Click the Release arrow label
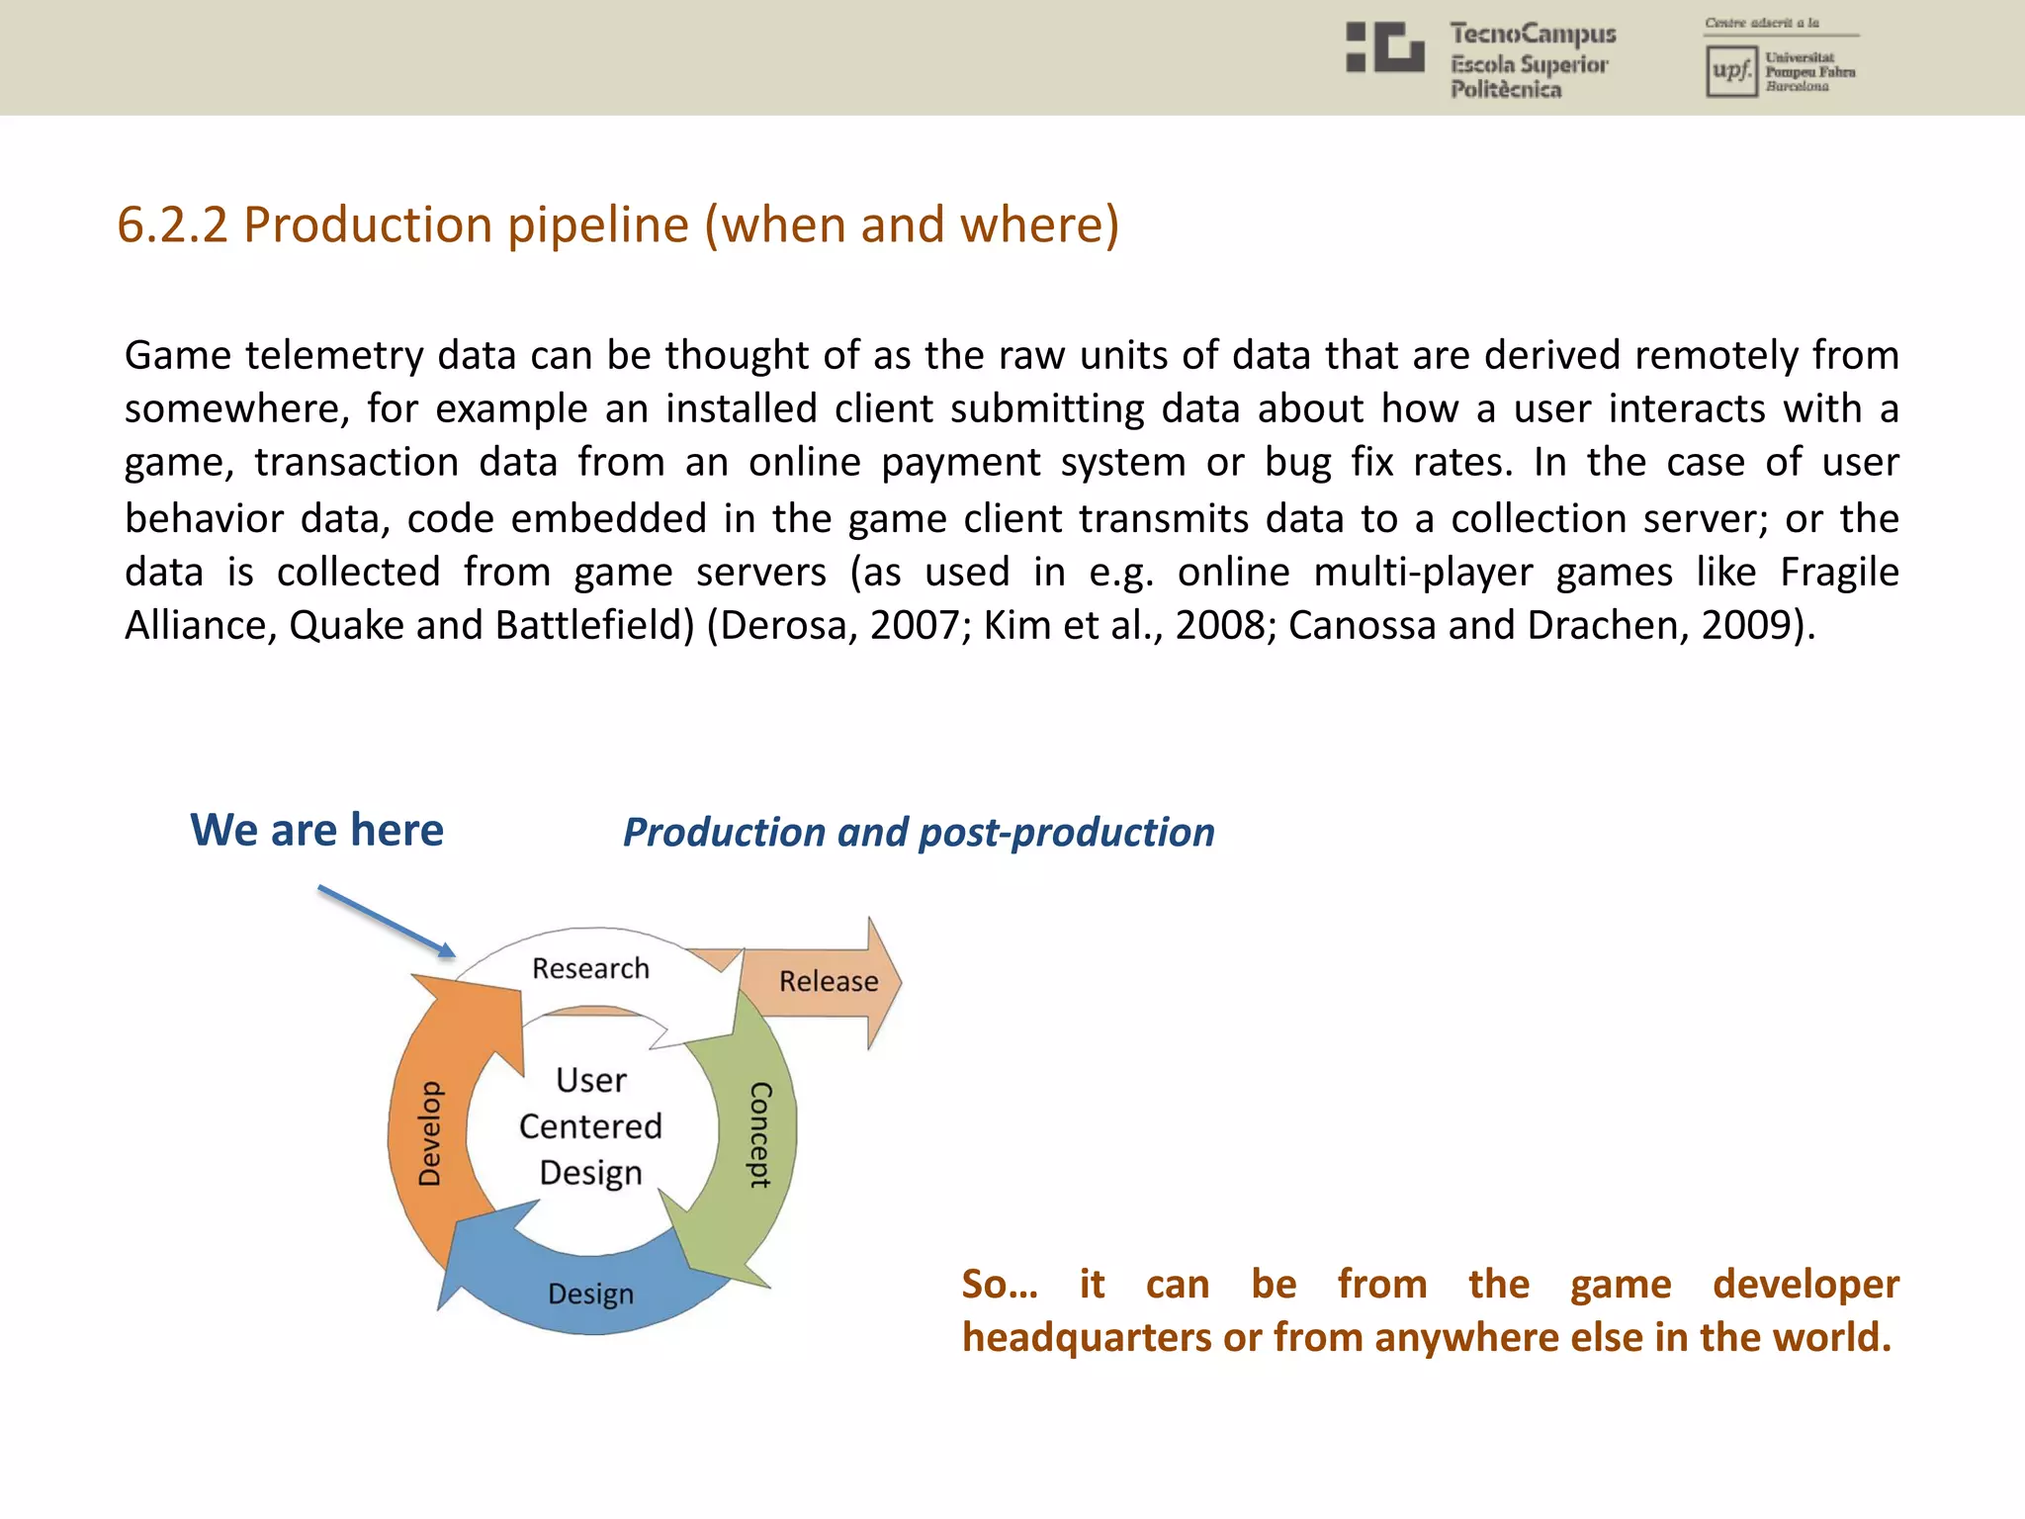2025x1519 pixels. tap(828, 981)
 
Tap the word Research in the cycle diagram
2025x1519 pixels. tap(590, 968)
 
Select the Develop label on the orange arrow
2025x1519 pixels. tap(430, 1133)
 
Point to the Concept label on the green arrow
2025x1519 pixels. tap(759, 1133)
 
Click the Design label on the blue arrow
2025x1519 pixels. tap(590, 1294)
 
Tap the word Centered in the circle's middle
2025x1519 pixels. tap(590, 1126)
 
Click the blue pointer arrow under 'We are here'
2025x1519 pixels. tap(387, 922)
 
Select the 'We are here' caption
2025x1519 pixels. tap(316, 830)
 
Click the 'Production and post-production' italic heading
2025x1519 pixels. tap(919, 833)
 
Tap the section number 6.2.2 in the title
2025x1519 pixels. tap(172, 224)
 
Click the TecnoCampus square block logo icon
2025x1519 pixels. tap(1384, 47)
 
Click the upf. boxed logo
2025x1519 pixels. tap(1730, 71)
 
